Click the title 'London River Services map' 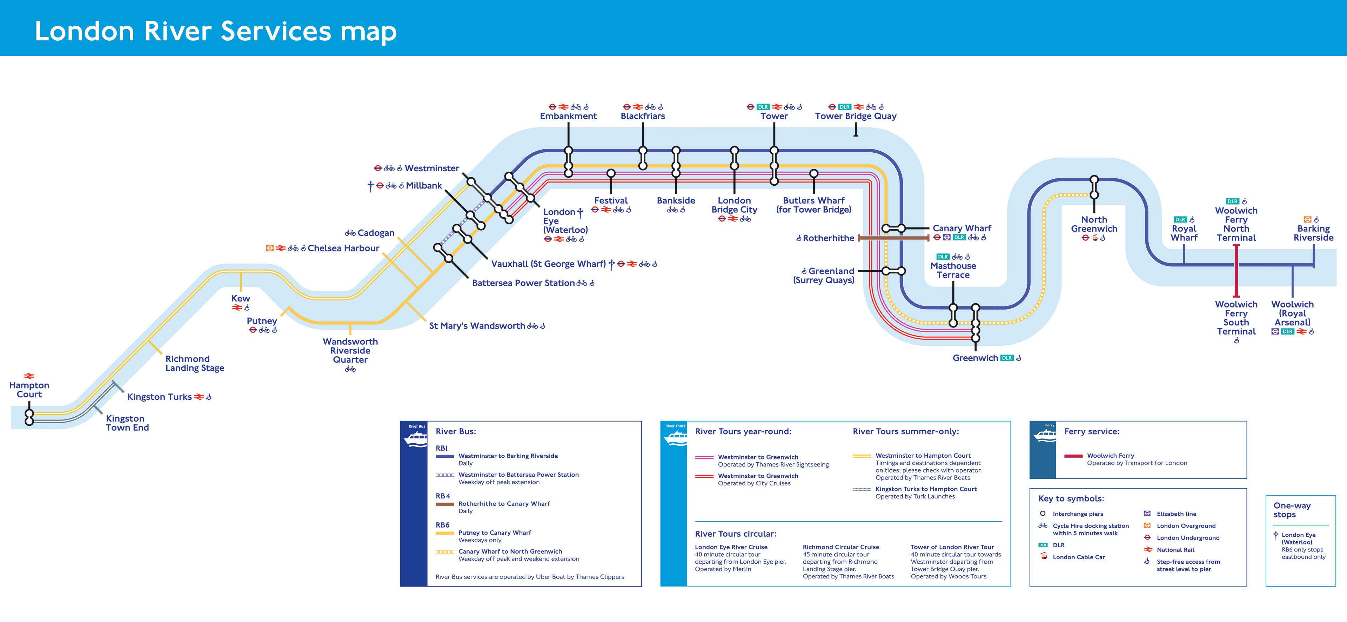(215, 31)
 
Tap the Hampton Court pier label (29, 390)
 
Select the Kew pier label (241, 298)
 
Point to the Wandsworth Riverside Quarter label (350, 351)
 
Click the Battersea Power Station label (523, 283)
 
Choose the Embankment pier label (568, 116)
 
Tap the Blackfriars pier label (643, 116)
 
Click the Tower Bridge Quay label (856, 116)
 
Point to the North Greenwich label (1094, 224)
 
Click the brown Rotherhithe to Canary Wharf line (893, 238)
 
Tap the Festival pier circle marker (611, 173)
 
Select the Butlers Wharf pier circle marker (814, 173)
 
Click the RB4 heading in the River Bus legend (443, 496)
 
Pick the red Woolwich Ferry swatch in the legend (1073, 456)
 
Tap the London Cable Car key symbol (1044, 557)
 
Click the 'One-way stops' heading (1292, 510)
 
